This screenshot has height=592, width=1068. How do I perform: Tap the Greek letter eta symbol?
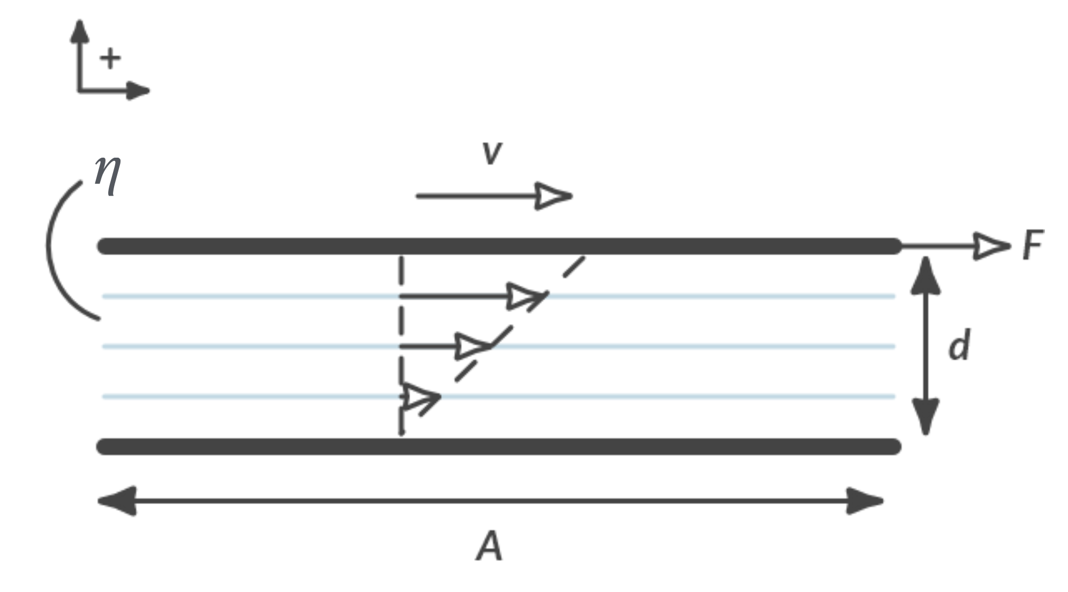point(107,175)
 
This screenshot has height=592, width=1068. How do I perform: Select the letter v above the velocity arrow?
point(492,152)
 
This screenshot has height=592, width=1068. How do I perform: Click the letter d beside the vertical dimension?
point(959,346)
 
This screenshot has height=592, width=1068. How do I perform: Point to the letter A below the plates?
point(489,547)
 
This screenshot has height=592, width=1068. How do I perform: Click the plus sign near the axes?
point(110,58)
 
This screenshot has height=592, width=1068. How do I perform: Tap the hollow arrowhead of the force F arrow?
point(991,246)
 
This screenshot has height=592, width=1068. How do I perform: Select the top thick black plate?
point(498,246)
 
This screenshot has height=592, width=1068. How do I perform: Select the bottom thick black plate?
point(498,446)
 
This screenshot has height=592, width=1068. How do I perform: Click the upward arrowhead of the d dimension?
point(926,276)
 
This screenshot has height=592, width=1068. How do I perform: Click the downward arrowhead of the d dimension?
point(926,416)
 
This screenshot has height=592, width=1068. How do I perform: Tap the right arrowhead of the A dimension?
point(863,501)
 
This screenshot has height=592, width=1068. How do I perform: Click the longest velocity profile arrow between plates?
point(471,296)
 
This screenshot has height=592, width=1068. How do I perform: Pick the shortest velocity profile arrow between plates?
point(421,397)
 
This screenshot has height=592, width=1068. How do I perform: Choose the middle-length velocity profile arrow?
point(445,346)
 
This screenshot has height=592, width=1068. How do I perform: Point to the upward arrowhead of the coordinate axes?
point(80,32)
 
